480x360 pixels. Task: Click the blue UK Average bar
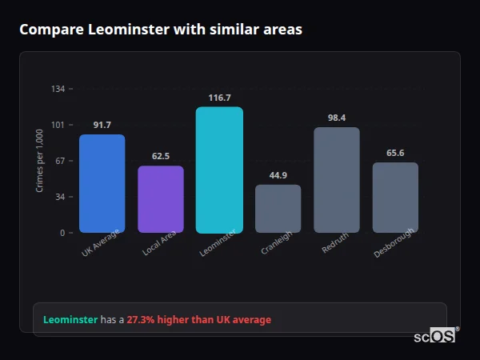(102, 183)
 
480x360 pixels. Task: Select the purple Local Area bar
(161, 199)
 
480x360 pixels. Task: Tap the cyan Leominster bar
(219, 170)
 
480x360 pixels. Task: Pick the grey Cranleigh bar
(278, 209)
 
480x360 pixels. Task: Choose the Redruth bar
(337, 180)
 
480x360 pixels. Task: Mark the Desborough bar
(395, 198)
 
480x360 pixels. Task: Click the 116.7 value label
(219, 98)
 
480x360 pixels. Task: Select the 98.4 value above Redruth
(337, 118)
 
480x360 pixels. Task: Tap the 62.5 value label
(161, 156)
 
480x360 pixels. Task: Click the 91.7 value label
(102, 125)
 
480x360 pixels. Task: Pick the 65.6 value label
(395, 153)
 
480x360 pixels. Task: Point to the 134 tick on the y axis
(58, 89)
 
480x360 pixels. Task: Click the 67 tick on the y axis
(60, 161)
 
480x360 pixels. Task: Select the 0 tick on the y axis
(62, 233)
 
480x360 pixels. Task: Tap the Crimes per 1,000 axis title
(40, 161)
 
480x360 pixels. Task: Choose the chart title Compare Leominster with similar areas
(161, 30)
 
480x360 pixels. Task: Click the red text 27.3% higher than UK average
(198, 320)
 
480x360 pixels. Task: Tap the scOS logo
(435, 336)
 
